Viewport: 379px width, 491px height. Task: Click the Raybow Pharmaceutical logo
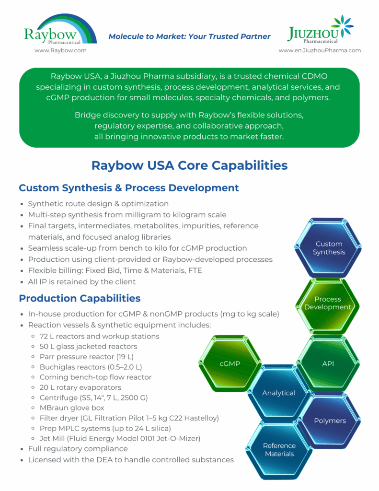[x=60, y=29]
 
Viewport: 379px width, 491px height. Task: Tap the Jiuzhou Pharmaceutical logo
[x=320, y=29]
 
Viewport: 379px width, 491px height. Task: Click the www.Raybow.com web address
[x=60, y=50]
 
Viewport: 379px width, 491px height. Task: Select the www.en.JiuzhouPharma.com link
[x=320, y=50]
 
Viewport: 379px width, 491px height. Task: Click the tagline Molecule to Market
[x=189, y=36]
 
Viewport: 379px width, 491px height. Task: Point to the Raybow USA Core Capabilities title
[x=189, y=165]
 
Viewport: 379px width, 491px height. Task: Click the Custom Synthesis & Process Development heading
[x=128, y=188]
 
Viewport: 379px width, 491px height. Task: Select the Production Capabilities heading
[x=80, y=298]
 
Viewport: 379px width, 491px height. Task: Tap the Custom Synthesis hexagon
[x=329, y=248]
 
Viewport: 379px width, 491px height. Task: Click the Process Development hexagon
[x=328, y=303]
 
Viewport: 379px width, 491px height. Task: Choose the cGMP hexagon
[x=230, y=363]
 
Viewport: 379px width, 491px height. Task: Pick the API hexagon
[x=328, y=363]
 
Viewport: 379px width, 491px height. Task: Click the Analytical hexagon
[x=278, y=393]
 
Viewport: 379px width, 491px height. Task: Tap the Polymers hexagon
[x=330, y=421]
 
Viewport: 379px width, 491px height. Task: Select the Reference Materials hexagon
[x=279, y=450]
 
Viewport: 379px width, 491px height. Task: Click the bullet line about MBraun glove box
[x=72, y=408]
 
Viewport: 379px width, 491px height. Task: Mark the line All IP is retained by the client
[x=81, y=282]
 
